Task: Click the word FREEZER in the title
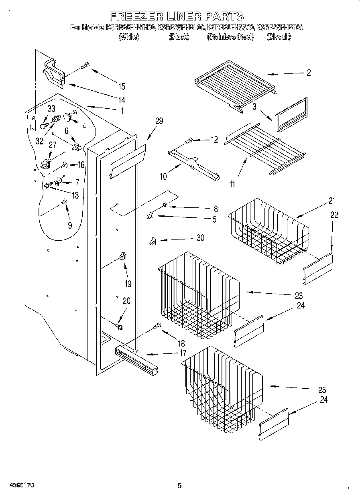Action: pos(136,16)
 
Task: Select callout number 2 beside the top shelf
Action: pos(308,73)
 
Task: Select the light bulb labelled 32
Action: pos(45,128)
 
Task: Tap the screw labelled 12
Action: pos(188,140)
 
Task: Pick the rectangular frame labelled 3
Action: pos(291,114)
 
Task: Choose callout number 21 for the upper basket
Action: pos(332,201)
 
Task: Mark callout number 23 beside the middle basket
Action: pos(298,296)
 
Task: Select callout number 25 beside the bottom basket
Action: pos(321,389)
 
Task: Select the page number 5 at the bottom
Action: pos(180,486)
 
